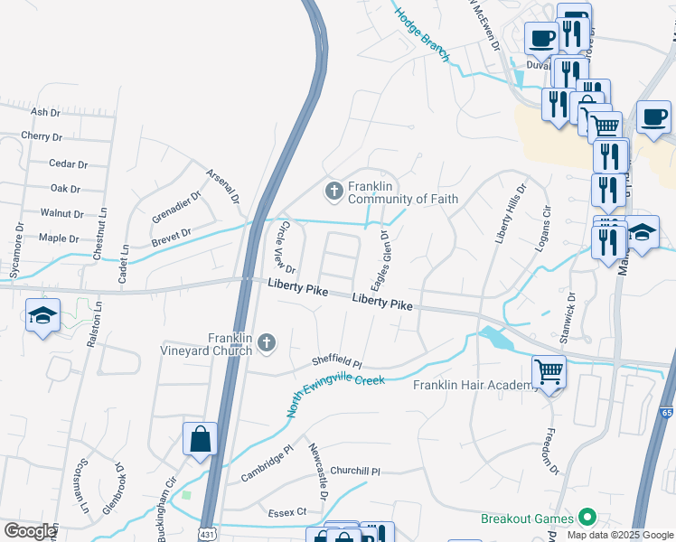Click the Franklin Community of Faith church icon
point(333,190)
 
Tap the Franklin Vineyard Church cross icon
point(266,342)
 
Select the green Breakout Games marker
point(587,518)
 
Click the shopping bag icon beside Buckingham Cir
point(199,439)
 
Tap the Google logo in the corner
point(30,530)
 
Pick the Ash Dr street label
point(45,112)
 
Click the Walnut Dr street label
point(62,214)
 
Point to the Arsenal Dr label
point(222,185)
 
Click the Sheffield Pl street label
point(336,361)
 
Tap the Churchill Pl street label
point(355,471)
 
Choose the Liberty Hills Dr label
point(510,214)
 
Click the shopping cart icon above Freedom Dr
point(549,370)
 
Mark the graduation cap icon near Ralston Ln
point(42,317)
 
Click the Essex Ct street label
point(287,512)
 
